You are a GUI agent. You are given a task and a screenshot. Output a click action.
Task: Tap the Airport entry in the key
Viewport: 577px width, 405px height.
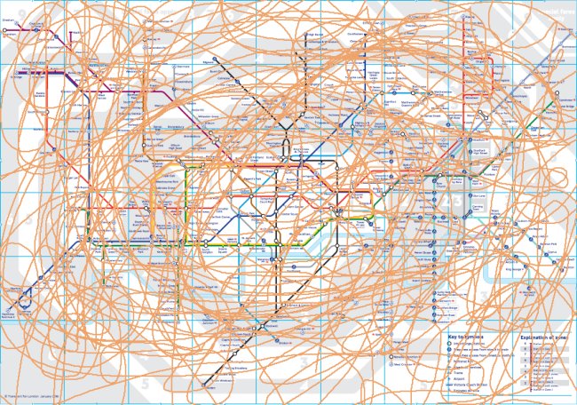(x=460, y=376)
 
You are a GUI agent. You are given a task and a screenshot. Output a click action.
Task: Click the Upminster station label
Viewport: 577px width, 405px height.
(x=565, y=100)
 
